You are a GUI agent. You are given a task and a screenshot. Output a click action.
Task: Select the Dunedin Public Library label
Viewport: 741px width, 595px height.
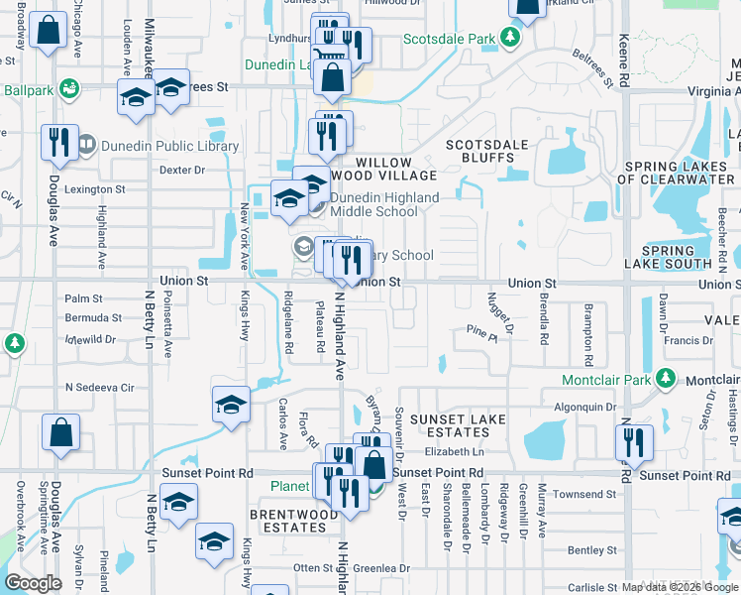pyautogui.click(x=169, y=146)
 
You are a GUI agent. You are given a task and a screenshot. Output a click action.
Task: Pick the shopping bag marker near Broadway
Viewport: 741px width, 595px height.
pyautogui.click(x=48, y=32)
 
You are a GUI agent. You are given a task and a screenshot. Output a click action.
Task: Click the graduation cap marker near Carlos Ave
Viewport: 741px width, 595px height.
pyautogui.click(x=231, y=405)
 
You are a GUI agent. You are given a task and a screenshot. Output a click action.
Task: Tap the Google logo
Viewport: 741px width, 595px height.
pyautogui.click(x=33, y=583)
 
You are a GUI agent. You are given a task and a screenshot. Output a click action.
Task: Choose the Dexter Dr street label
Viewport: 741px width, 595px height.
pyautogui.click(x=181, y=170)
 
